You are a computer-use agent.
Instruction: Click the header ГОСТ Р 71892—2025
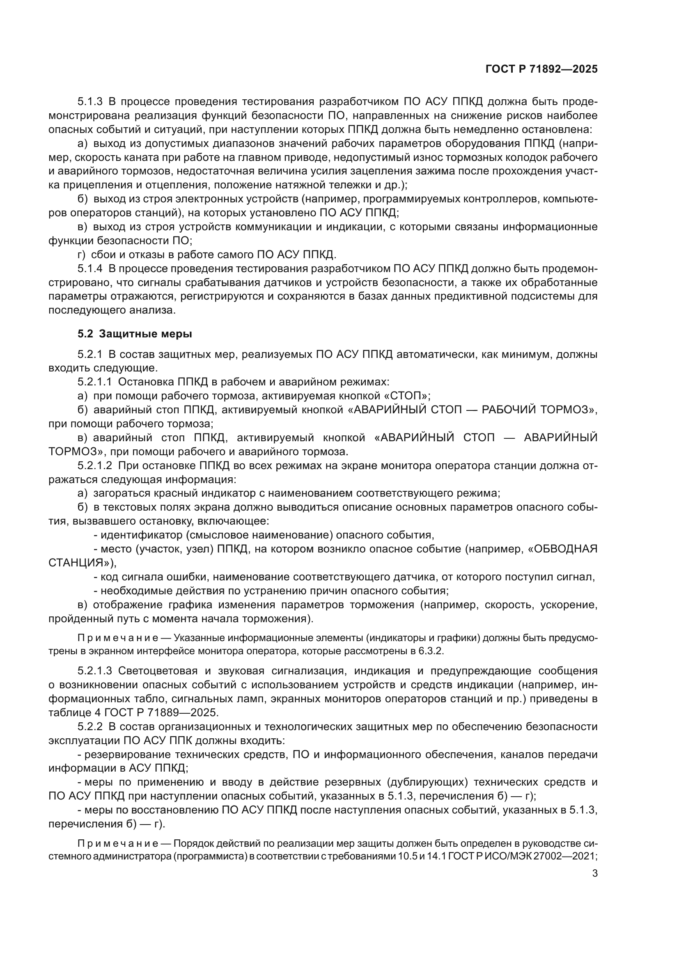pos(541,69)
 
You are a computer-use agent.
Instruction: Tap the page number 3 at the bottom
pos(594,873)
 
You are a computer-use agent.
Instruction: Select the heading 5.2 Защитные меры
pos(135,334)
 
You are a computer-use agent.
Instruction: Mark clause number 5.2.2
pos(90,727)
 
